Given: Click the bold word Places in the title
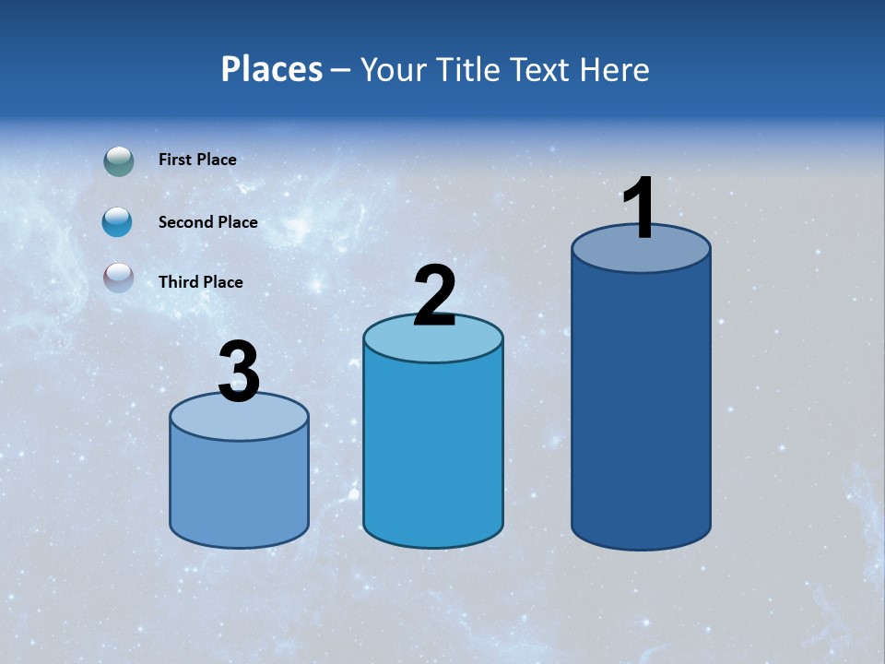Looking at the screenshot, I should pyautogui.click(x=272, y=69).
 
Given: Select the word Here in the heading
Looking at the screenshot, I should pyautogui.click(x=617, y=69).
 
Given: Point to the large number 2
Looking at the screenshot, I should pyautogui.click(x=434, y=296).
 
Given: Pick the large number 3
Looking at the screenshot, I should pyautogui.click(x=239, y=373).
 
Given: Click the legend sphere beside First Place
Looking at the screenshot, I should pyautogui.click(x=119, y=161).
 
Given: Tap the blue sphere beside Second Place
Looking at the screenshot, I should pyautogui.click(x=118, y=221).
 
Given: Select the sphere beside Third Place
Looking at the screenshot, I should pyautogui.click(x=119, y=277).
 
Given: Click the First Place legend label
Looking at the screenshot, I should pyautogui.click(x=197, y=160).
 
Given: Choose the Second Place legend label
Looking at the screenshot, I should pyautogui.click(x=207, y=222).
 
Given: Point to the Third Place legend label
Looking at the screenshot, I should pyautogui.click(x=200, y=282).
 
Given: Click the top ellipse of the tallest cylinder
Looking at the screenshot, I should pyautogui.click(x=641, y=255).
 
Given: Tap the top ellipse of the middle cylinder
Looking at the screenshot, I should pyautogui.click(x=433, y=344).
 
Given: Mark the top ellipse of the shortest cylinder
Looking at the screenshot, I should pyautogui.click(x=239, y=421).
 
